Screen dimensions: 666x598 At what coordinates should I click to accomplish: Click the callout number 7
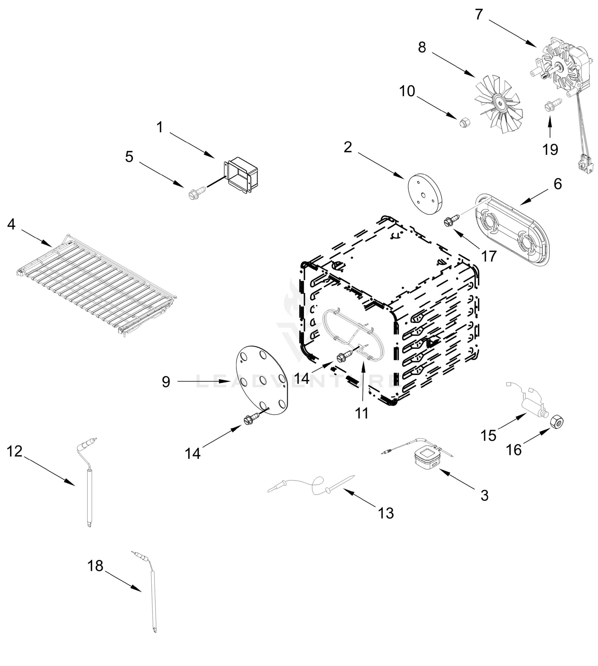point(479,14)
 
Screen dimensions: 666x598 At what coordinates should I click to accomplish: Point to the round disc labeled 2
point(425,194)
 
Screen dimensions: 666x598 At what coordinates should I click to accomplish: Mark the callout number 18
point(95,566)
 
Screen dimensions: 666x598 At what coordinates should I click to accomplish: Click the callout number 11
point(362,413)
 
